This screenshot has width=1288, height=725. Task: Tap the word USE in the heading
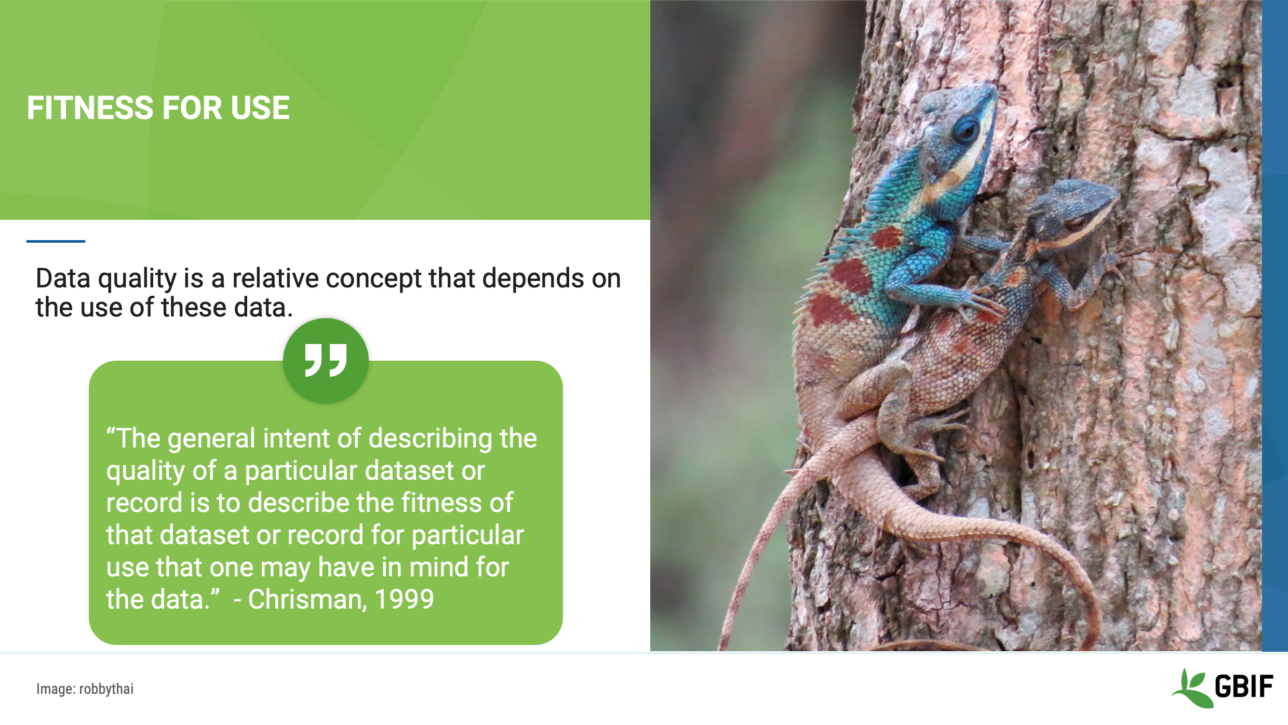(x=260, y=108)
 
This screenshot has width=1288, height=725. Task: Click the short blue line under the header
(x=56, y=241)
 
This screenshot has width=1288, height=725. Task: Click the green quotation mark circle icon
(x=326, y=361)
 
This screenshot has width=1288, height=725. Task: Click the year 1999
(x=404, y=599)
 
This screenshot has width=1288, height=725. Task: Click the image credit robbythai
(x=106, y=689)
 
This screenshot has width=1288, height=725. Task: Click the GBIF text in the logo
(x=1244, y=686)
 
